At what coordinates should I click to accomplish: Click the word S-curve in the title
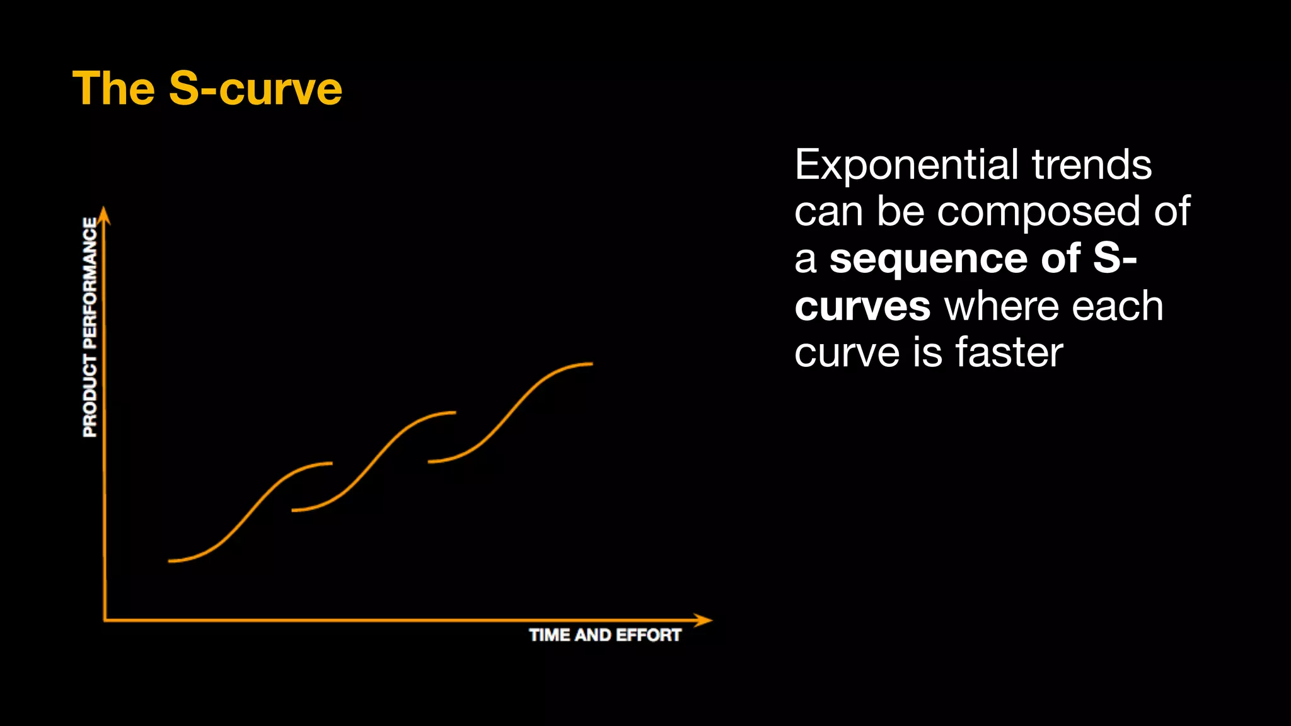255,88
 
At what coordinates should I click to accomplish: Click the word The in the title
113,88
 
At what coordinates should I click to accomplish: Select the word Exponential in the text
907,165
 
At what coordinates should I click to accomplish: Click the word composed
1038,212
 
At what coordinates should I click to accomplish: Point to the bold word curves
862,306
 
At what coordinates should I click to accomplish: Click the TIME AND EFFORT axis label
605,635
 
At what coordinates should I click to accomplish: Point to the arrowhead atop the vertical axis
105,214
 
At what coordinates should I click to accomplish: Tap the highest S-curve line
511,413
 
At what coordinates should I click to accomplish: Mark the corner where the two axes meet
105,620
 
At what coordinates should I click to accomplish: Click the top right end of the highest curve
591,364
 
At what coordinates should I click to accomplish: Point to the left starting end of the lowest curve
170,560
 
